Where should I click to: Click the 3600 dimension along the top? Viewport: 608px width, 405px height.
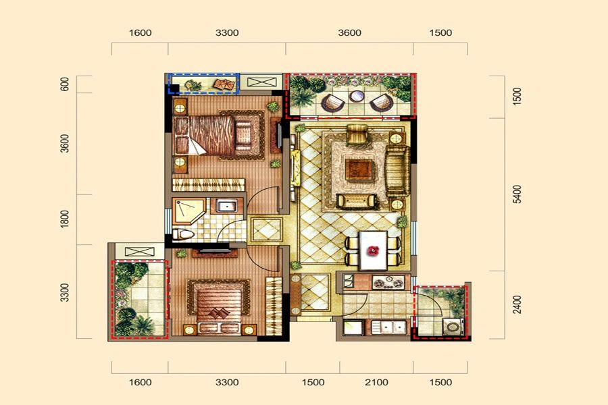[x=349, y=33]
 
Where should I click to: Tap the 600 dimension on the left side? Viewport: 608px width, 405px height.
[x=65, y=84]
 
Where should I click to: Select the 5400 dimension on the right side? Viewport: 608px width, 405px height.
[x=517, y=194]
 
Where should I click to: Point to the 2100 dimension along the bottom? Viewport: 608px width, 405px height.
[x=376, y=383]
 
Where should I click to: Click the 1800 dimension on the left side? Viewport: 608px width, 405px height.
[x=65, y=219]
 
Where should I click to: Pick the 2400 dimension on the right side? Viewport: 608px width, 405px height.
[x=517, y=304]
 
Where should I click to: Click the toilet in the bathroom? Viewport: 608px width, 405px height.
[x=182, y=234]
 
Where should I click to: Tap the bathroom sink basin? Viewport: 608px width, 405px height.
[x=226, y=205]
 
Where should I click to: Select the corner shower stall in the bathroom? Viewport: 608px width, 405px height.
[x=188, y=211]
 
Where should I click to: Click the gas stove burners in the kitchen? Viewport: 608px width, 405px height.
[x=388, y=282]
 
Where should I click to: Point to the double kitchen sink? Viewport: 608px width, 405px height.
[x=388, y=327]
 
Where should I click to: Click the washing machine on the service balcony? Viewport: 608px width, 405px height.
[x=452, y=327]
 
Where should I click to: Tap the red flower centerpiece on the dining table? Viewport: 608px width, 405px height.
[x=373, y=250]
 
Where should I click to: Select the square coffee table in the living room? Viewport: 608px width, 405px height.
[x=359, y=169]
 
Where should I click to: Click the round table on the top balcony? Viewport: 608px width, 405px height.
[x=356, y=96]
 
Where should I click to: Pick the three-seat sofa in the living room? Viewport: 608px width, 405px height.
[x=397, y=171]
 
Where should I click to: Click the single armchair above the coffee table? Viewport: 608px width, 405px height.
[x=357, y=134]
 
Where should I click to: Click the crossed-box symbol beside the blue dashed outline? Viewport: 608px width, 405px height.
[x=260, y=82]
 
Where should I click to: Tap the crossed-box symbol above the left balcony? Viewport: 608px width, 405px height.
[x=140, y=252]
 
